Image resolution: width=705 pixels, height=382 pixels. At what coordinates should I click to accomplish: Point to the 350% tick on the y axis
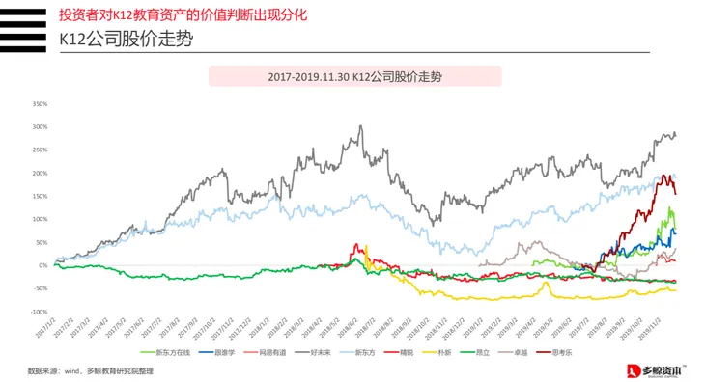pos(40,103)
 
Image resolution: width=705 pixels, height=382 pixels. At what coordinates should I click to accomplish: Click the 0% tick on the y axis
pos(42,265)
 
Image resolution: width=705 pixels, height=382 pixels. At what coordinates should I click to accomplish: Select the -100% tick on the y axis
pos(39,312)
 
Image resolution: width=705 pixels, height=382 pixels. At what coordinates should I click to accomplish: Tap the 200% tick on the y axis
pos(40,173)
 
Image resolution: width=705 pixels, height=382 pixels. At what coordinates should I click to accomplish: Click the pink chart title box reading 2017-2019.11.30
pos(354,75)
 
